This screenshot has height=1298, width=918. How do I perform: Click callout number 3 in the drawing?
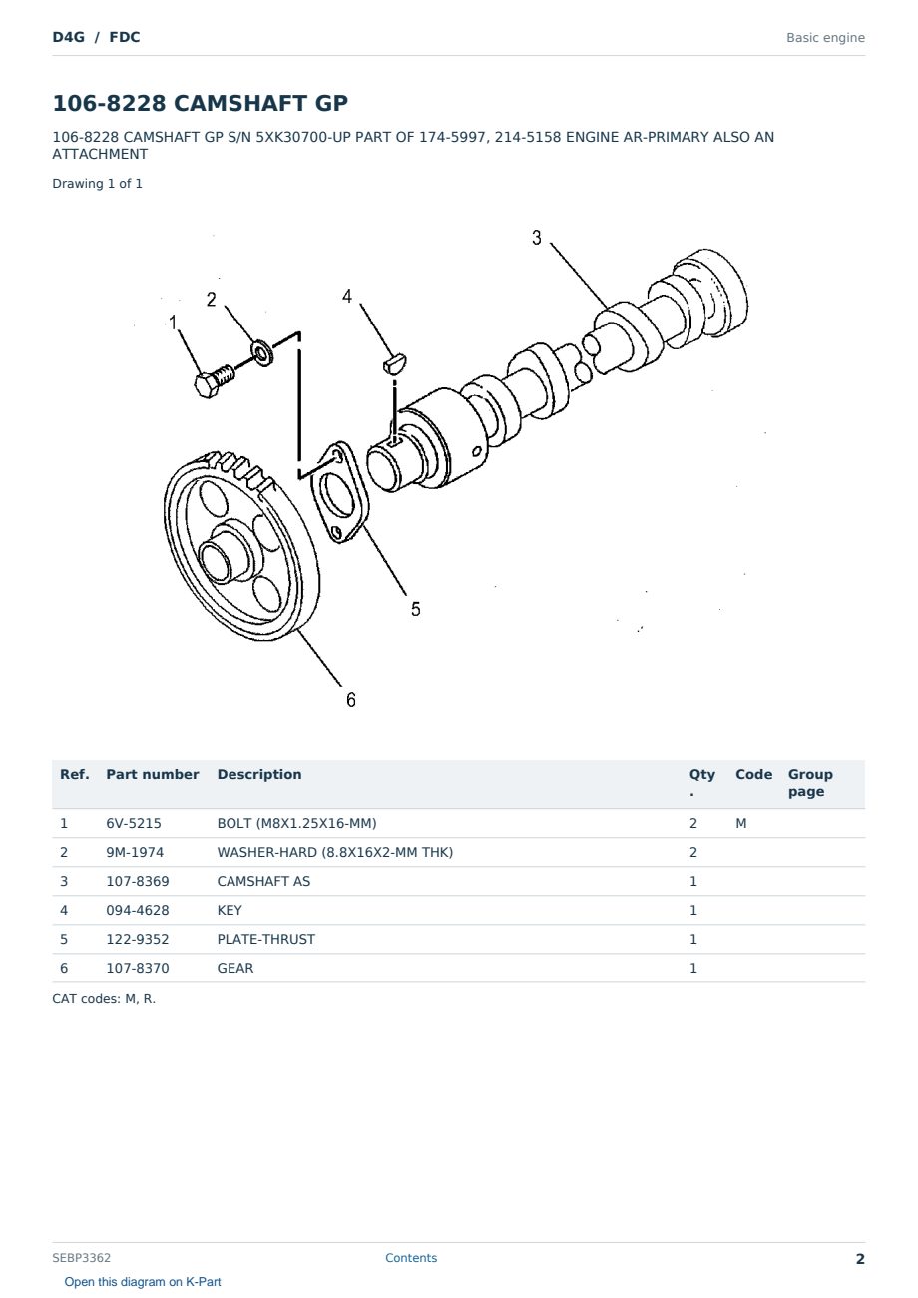coord(536,238)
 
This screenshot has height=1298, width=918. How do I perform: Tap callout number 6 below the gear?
coord(351,699)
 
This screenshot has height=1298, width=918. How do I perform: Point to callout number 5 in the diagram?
coord(416,609)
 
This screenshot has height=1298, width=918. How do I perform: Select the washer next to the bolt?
coord(262,352)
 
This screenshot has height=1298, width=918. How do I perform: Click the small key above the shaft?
coord(395,363)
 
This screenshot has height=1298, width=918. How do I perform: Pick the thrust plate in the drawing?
coord(339,492)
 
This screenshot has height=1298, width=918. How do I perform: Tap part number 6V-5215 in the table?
coord(134,823)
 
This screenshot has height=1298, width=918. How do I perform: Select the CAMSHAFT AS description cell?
coord(263,881)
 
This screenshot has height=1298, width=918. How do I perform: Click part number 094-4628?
coord(138,910)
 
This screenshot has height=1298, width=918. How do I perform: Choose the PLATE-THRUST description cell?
coord(265,939)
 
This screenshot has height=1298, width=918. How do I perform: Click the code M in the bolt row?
coord(740,823)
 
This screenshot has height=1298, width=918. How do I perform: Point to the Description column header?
coord(259,774)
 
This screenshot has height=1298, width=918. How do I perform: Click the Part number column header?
coord(153,774)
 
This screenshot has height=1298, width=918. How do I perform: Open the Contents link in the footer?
coord(411,1258)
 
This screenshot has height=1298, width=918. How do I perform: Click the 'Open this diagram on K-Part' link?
coord(143,1282)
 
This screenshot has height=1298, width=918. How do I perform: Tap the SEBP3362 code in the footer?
coord(81,1258)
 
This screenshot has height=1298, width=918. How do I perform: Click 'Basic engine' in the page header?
coord(825,38)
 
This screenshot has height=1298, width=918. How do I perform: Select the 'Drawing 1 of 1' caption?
coord(97,184)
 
